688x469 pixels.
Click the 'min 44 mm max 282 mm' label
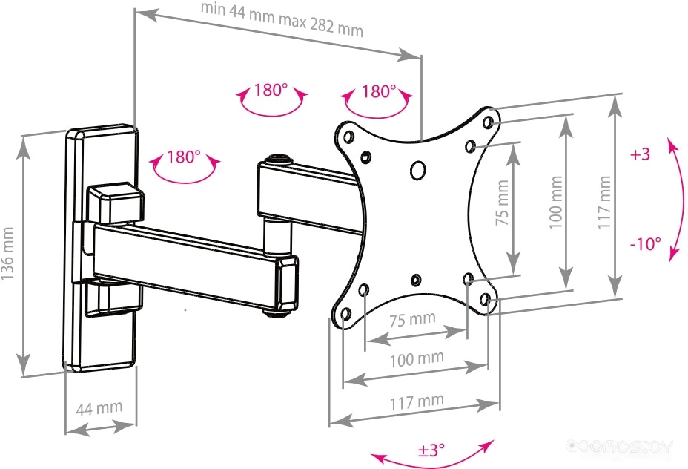click(x=282, y=20)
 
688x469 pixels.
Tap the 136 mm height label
click(x=8, y=254)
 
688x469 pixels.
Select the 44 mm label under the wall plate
click(x=99, y=408)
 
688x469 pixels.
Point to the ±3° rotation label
click(x=431, y=450)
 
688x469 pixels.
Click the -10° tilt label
click(x=646, y=243)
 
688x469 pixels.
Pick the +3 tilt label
click(x=640, y=154)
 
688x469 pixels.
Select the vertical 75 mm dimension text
click(x=502, y=203)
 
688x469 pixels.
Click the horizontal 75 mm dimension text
click(x=412, y=319)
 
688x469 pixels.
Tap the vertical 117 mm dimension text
click(x=604, y=202)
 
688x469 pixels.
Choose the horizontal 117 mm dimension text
click(x=417, y=401)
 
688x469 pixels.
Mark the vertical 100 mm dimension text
click(x=555, y=202)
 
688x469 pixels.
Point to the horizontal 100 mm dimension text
click(x=417, y=359)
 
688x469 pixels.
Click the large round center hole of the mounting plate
click(x=417, y=170)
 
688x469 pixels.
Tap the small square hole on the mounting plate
click(x=366, y=157)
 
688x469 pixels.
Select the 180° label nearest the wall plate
click(x=184, y=157)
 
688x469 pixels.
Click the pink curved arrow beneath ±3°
click(x=432, y=461)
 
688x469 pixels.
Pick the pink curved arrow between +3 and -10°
click(x=677, y=200)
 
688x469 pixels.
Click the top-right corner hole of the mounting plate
click(x=487, y=122)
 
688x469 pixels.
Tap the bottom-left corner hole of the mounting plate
click(x=345, y=314)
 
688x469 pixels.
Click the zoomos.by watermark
click(x=619, y=446)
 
